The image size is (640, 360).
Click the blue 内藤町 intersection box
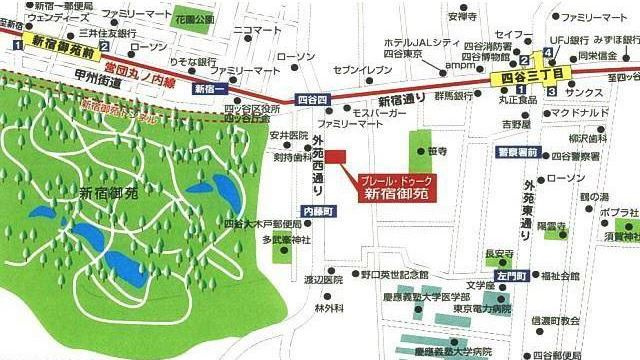pos(314,212)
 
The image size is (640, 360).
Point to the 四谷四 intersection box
pos(312,99)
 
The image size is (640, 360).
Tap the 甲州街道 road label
pos(70,65)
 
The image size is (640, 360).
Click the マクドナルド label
pos(580,113)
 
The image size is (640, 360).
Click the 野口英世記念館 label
pos(394,274)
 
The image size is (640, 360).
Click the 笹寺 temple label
pos(437,151)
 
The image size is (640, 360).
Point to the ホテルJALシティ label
pos(420,41)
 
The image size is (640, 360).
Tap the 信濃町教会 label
pos(555,321)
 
